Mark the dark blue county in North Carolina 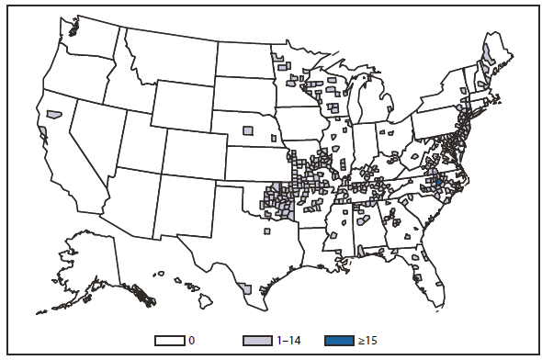pyautogui.click(x=438, y=185)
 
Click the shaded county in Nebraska pyautogui.click(x=247, y=130)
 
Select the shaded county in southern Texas pyautogui.click(x=245, y=288)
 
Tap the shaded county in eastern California pyautogui.click(x=54, y=115)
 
